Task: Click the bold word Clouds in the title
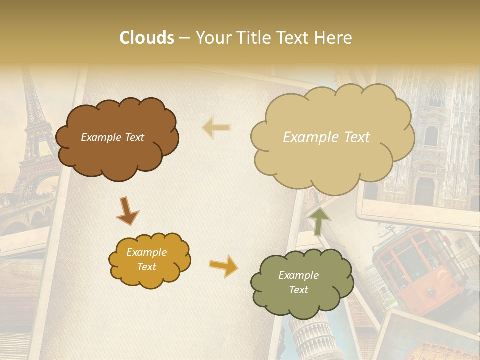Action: [147, 38]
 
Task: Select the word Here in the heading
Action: [334, 38]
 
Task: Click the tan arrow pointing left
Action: [216, 128]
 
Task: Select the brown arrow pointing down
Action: [127, 210]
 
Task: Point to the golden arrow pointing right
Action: [224, 266]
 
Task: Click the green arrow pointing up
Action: [318, 220]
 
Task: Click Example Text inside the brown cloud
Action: [112, 137]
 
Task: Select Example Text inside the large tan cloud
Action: [326, 137]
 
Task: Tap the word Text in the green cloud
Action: [298, 290]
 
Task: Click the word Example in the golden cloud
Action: [146, 252]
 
